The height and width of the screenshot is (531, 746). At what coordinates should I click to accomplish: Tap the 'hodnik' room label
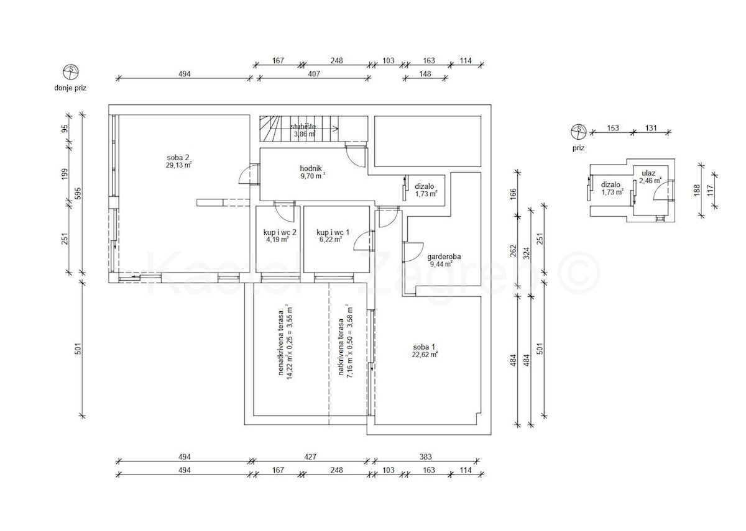[x=311, y=168]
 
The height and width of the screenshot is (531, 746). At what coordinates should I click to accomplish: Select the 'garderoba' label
[x=444, y=256]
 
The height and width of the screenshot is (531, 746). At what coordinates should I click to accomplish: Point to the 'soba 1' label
[x=424, y=347]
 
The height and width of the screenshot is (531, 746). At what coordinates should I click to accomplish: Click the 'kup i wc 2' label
[x=280, y=232]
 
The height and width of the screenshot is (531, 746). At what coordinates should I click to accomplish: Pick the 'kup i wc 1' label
[x=333, y=232]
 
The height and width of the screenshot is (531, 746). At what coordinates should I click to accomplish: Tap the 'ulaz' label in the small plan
[x=649, y=173]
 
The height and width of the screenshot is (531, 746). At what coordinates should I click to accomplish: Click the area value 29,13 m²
[x=179, y=165]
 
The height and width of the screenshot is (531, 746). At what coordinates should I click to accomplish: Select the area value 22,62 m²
[x=425, y=355]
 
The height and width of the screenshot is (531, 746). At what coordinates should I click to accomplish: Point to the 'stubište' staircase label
[x=303, y=127]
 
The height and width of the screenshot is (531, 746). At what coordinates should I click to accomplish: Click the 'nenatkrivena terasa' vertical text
[x=281, y=343]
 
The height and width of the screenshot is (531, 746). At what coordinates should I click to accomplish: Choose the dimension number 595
[x=78, y=194]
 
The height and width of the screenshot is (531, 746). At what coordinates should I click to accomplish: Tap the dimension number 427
[x=310, y=457]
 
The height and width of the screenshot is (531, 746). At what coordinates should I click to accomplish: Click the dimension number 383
[x=426, y=457]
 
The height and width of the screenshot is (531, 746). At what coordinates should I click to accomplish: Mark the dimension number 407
[x=314, y=74]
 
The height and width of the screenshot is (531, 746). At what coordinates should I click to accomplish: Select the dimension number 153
[x=613, y=128]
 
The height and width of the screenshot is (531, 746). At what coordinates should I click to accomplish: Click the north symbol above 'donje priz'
[x=71, y=72]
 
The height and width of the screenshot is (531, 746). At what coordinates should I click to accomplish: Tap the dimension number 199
[x=65, y=174]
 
